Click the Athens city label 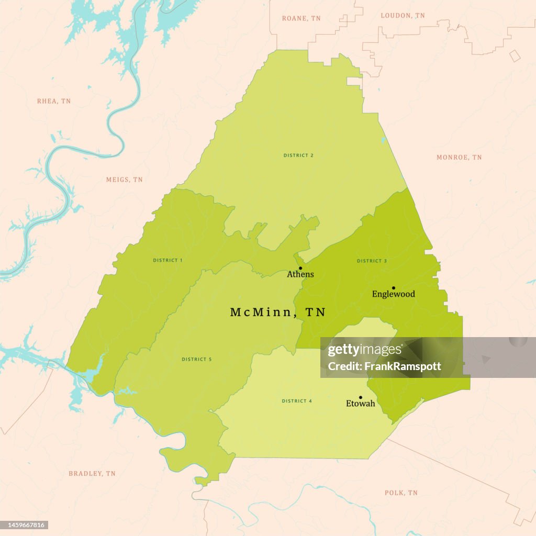tap(300, 274)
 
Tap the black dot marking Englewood tap(394, 287)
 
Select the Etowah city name tap(361, 404)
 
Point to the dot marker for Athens tap(300, 268)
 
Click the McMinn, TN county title tap(277, 312)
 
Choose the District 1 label tap(167, 260)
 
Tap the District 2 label tap(298, 155)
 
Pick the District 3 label tap(372, 261)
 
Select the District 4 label tap(297, 401)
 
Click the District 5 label tap(197, 359)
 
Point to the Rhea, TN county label tap(53, 101)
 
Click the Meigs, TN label tap(124, 180)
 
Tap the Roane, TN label tap(301, 18)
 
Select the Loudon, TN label tap(403, 16)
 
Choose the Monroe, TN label tap(459, 157)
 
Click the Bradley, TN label tap(92, 473)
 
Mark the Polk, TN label tap(401, 493)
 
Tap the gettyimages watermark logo tap(365, 350)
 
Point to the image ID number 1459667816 tap(25, 524)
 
